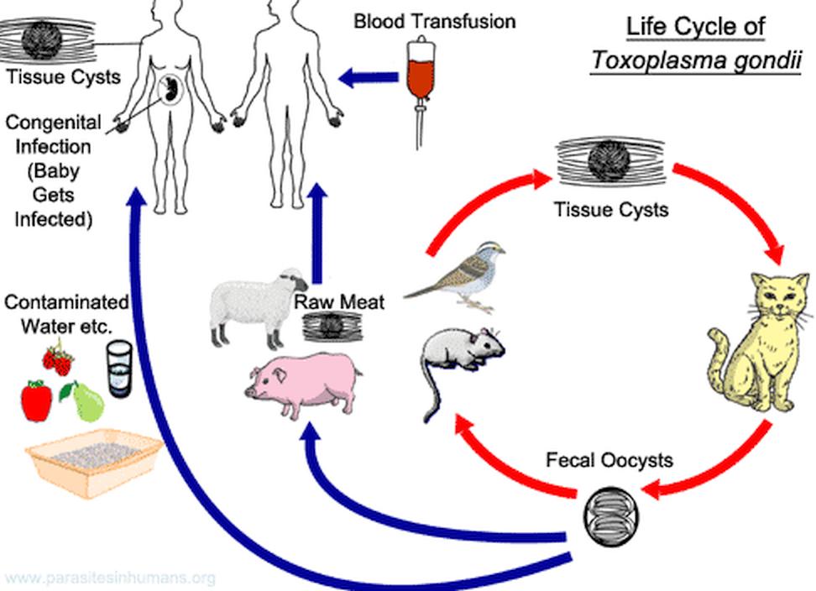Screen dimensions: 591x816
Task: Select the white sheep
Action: pos(252,306)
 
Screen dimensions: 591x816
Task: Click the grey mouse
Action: pos(458,353)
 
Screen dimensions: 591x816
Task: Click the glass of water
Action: pos(123,369)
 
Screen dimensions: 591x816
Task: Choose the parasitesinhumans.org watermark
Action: pos(108,578)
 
